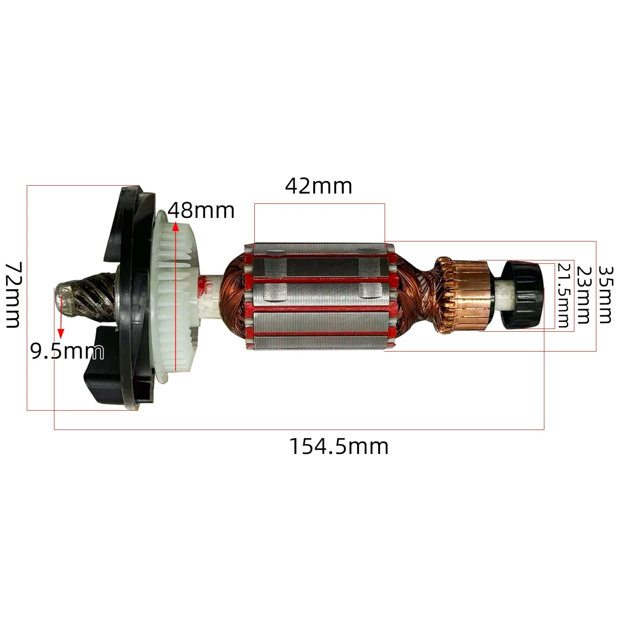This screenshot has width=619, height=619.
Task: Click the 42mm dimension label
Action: click(x=319, y=187)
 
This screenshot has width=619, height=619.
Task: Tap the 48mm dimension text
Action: click(x=201, y=211)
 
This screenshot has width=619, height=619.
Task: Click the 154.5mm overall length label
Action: click(x=339, y=447)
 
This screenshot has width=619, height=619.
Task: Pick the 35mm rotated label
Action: click(x=605, y=294)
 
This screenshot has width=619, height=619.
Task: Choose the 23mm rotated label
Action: click(x=584, y=295)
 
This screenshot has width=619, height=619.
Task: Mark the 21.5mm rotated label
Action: click(x=564, y=295)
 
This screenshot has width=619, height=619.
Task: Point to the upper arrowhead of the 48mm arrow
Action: click(x=176, y=227)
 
